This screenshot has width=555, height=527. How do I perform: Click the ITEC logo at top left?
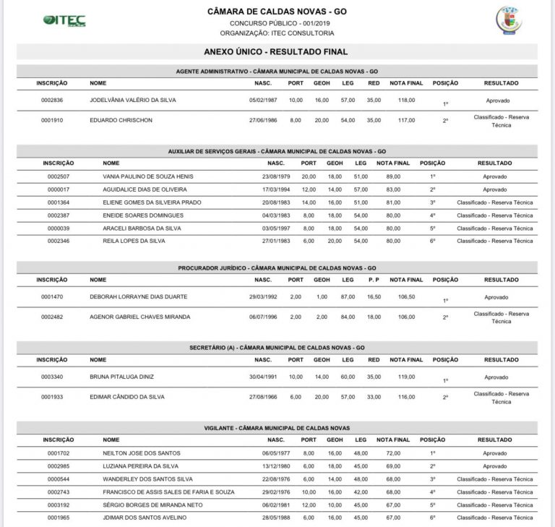(64, 21)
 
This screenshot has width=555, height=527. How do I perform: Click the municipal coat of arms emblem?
(509, 20)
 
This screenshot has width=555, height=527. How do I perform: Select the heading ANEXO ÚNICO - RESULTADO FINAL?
(277, 52)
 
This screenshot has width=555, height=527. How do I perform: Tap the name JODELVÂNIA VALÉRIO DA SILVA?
(133, 100)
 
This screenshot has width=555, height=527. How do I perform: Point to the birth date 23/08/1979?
(275, 176)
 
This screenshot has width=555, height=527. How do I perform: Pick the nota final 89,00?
(393, 176)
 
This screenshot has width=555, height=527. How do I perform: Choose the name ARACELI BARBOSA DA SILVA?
(142, 228)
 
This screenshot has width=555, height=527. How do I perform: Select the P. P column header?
(374, 280)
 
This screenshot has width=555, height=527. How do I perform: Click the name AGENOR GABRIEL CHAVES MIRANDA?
(139, 317)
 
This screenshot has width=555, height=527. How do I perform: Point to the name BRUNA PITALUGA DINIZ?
(121, 377)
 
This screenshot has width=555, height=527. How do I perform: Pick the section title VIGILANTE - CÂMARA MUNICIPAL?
(277, 428)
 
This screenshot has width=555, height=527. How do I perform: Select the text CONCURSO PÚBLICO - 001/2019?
(277, 23)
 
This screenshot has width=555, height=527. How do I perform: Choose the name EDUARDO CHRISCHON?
(121, 120)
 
